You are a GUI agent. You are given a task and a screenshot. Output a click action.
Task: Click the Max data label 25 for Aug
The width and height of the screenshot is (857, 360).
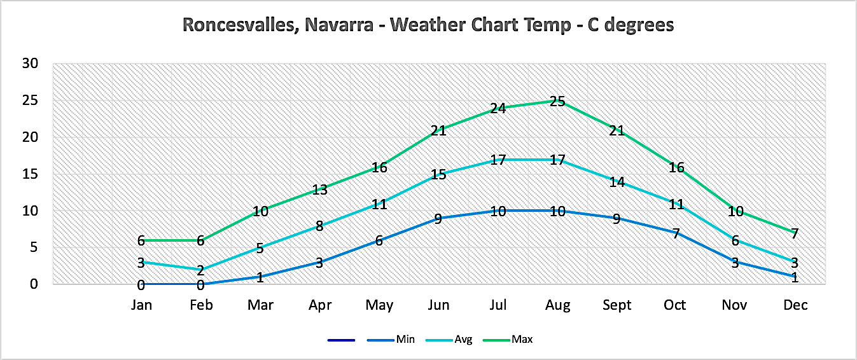[x=557, y=101]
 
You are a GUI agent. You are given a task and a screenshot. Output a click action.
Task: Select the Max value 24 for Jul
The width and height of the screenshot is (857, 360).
[x=498, y=108]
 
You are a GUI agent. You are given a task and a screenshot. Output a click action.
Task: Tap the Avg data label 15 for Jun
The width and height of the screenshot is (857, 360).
[x=438, y=174]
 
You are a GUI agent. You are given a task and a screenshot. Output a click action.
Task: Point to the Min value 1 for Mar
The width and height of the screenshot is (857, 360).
[x=260, y=277]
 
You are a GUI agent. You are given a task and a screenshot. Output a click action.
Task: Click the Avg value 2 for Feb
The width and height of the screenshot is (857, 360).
[x=200, y=270]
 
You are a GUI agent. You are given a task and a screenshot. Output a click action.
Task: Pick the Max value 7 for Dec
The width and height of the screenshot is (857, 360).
[x=795, y=233]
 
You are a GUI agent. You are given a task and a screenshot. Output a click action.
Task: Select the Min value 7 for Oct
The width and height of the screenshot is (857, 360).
[x=676, y=233]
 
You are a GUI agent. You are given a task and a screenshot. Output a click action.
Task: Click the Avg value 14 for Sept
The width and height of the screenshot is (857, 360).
[x=617, y=182]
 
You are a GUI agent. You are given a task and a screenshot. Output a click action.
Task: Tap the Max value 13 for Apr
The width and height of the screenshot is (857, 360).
[x=319, y=190]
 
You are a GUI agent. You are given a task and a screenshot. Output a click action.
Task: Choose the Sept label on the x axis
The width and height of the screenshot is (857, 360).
[x=617, y=305]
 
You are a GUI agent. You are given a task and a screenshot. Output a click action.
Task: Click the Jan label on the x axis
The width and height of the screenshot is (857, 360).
[x=141, y=305]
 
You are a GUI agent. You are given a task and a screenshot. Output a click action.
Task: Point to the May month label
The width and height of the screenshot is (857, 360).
[x=379, y=305]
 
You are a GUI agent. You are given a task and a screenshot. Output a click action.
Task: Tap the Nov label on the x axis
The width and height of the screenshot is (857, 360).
[x=735, y=305]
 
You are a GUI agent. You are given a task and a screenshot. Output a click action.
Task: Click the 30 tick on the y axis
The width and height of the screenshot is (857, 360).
[x=30, y=64]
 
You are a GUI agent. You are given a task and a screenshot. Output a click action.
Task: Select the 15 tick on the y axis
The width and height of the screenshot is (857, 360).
[x=30, y=174]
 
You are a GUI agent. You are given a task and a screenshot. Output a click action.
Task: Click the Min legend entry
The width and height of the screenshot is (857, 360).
[x=405, y=340]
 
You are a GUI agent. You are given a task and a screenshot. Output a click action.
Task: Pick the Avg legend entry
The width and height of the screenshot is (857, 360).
[x=463, y=340]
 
